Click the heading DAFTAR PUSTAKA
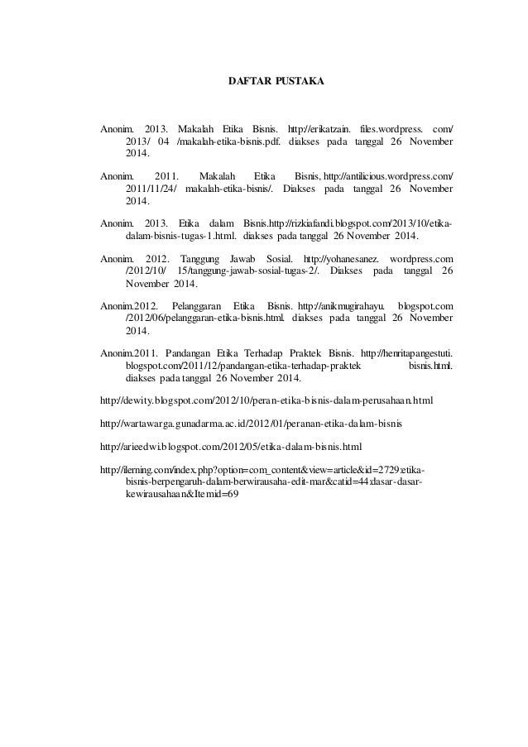(x=276, y=83)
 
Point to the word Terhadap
(x=272, y=354)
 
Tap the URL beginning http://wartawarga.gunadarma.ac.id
(x=250, y=425)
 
